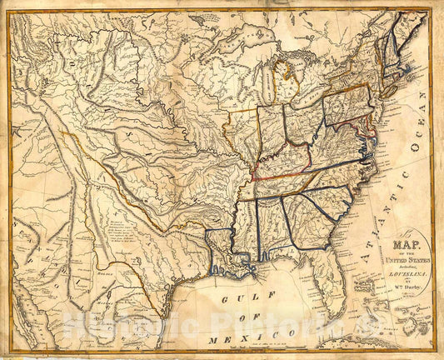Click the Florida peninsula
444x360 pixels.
(333, 283)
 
